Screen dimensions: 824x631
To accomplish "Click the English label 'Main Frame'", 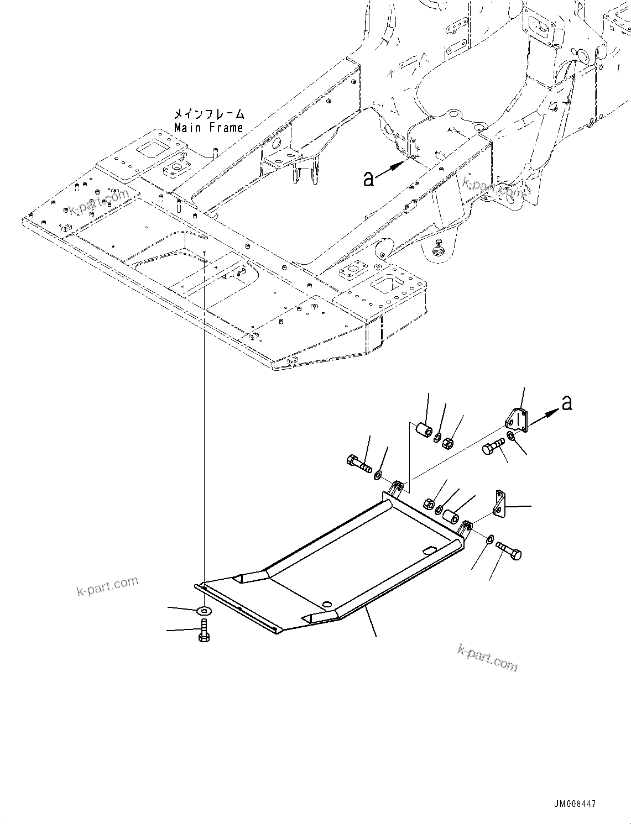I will tap(208, 128).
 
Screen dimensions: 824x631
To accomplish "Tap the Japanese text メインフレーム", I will tap(208, 114).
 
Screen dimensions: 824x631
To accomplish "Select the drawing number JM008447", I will tap(573, 805).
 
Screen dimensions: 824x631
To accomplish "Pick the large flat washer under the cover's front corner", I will tap(204, 610).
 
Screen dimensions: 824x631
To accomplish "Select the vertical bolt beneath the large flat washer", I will tap(202, 630).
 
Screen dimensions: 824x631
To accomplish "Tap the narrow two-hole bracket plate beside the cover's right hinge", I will tap(500, 505).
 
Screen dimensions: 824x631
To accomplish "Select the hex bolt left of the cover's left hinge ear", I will tap(359, 463).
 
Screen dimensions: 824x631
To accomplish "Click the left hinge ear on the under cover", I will tap(395, 489).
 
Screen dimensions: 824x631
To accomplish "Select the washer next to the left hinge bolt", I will tap(379, 475).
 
